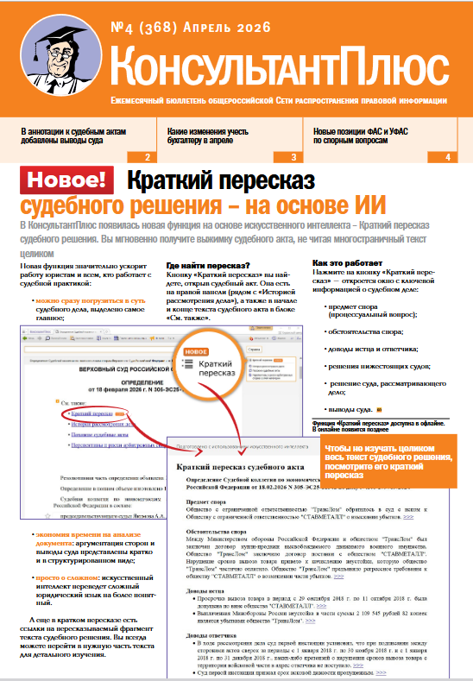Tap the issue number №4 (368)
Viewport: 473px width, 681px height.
pos(155,28)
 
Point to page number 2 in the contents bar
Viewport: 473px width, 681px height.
pos(148,157)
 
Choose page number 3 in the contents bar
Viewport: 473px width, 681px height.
pos(293,157)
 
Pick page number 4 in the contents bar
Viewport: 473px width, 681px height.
pos(447,157)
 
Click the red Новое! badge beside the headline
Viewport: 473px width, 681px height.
pos(68,180)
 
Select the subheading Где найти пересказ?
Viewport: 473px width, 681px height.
pos(207,265)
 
